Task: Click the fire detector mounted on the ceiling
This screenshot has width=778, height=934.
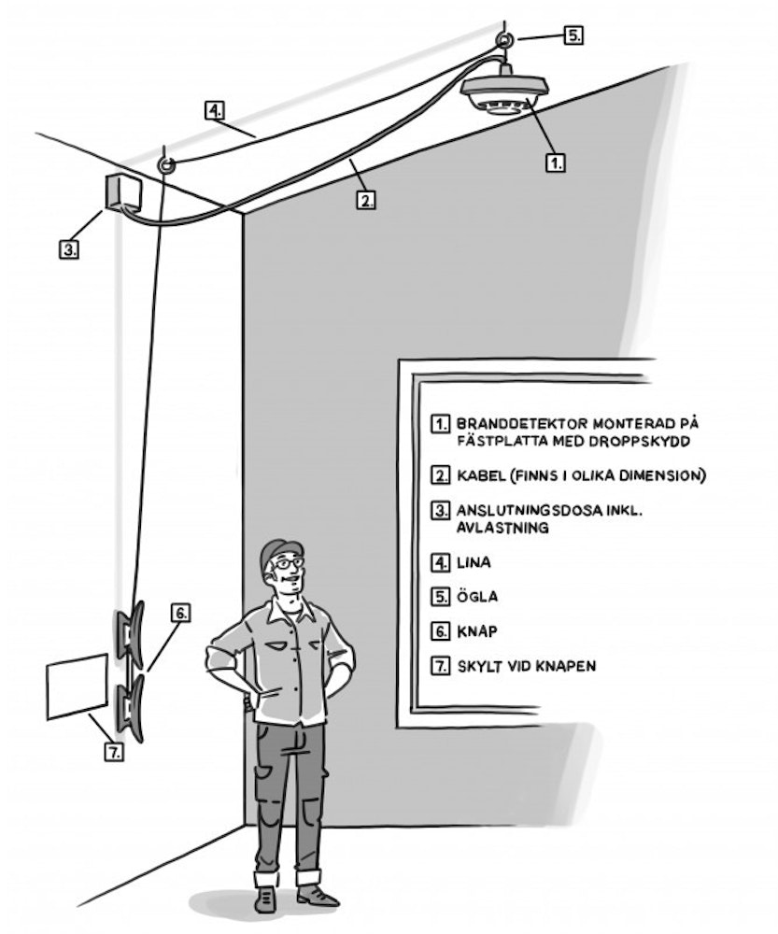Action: pos(504,93)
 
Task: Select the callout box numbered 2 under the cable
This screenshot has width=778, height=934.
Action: pos(366,199)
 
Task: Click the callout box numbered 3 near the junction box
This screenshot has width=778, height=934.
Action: pos(69,248)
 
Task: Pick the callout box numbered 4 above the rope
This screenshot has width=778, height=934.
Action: pos(216,110)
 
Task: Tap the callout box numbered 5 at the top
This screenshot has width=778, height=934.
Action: pos(573,35)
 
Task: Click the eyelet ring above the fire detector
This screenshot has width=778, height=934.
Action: pos(504,40)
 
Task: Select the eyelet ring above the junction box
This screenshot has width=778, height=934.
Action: pos(167,165)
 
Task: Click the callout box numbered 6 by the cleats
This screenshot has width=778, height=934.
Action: pos(180,613)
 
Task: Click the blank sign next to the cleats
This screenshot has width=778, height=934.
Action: pos(76,686)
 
